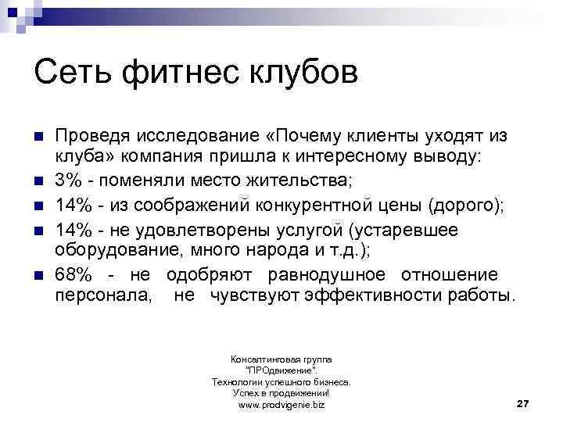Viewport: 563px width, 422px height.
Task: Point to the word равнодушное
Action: click(327, 274)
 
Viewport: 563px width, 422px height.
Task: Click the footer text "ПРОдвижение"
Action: click(281, 370)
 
